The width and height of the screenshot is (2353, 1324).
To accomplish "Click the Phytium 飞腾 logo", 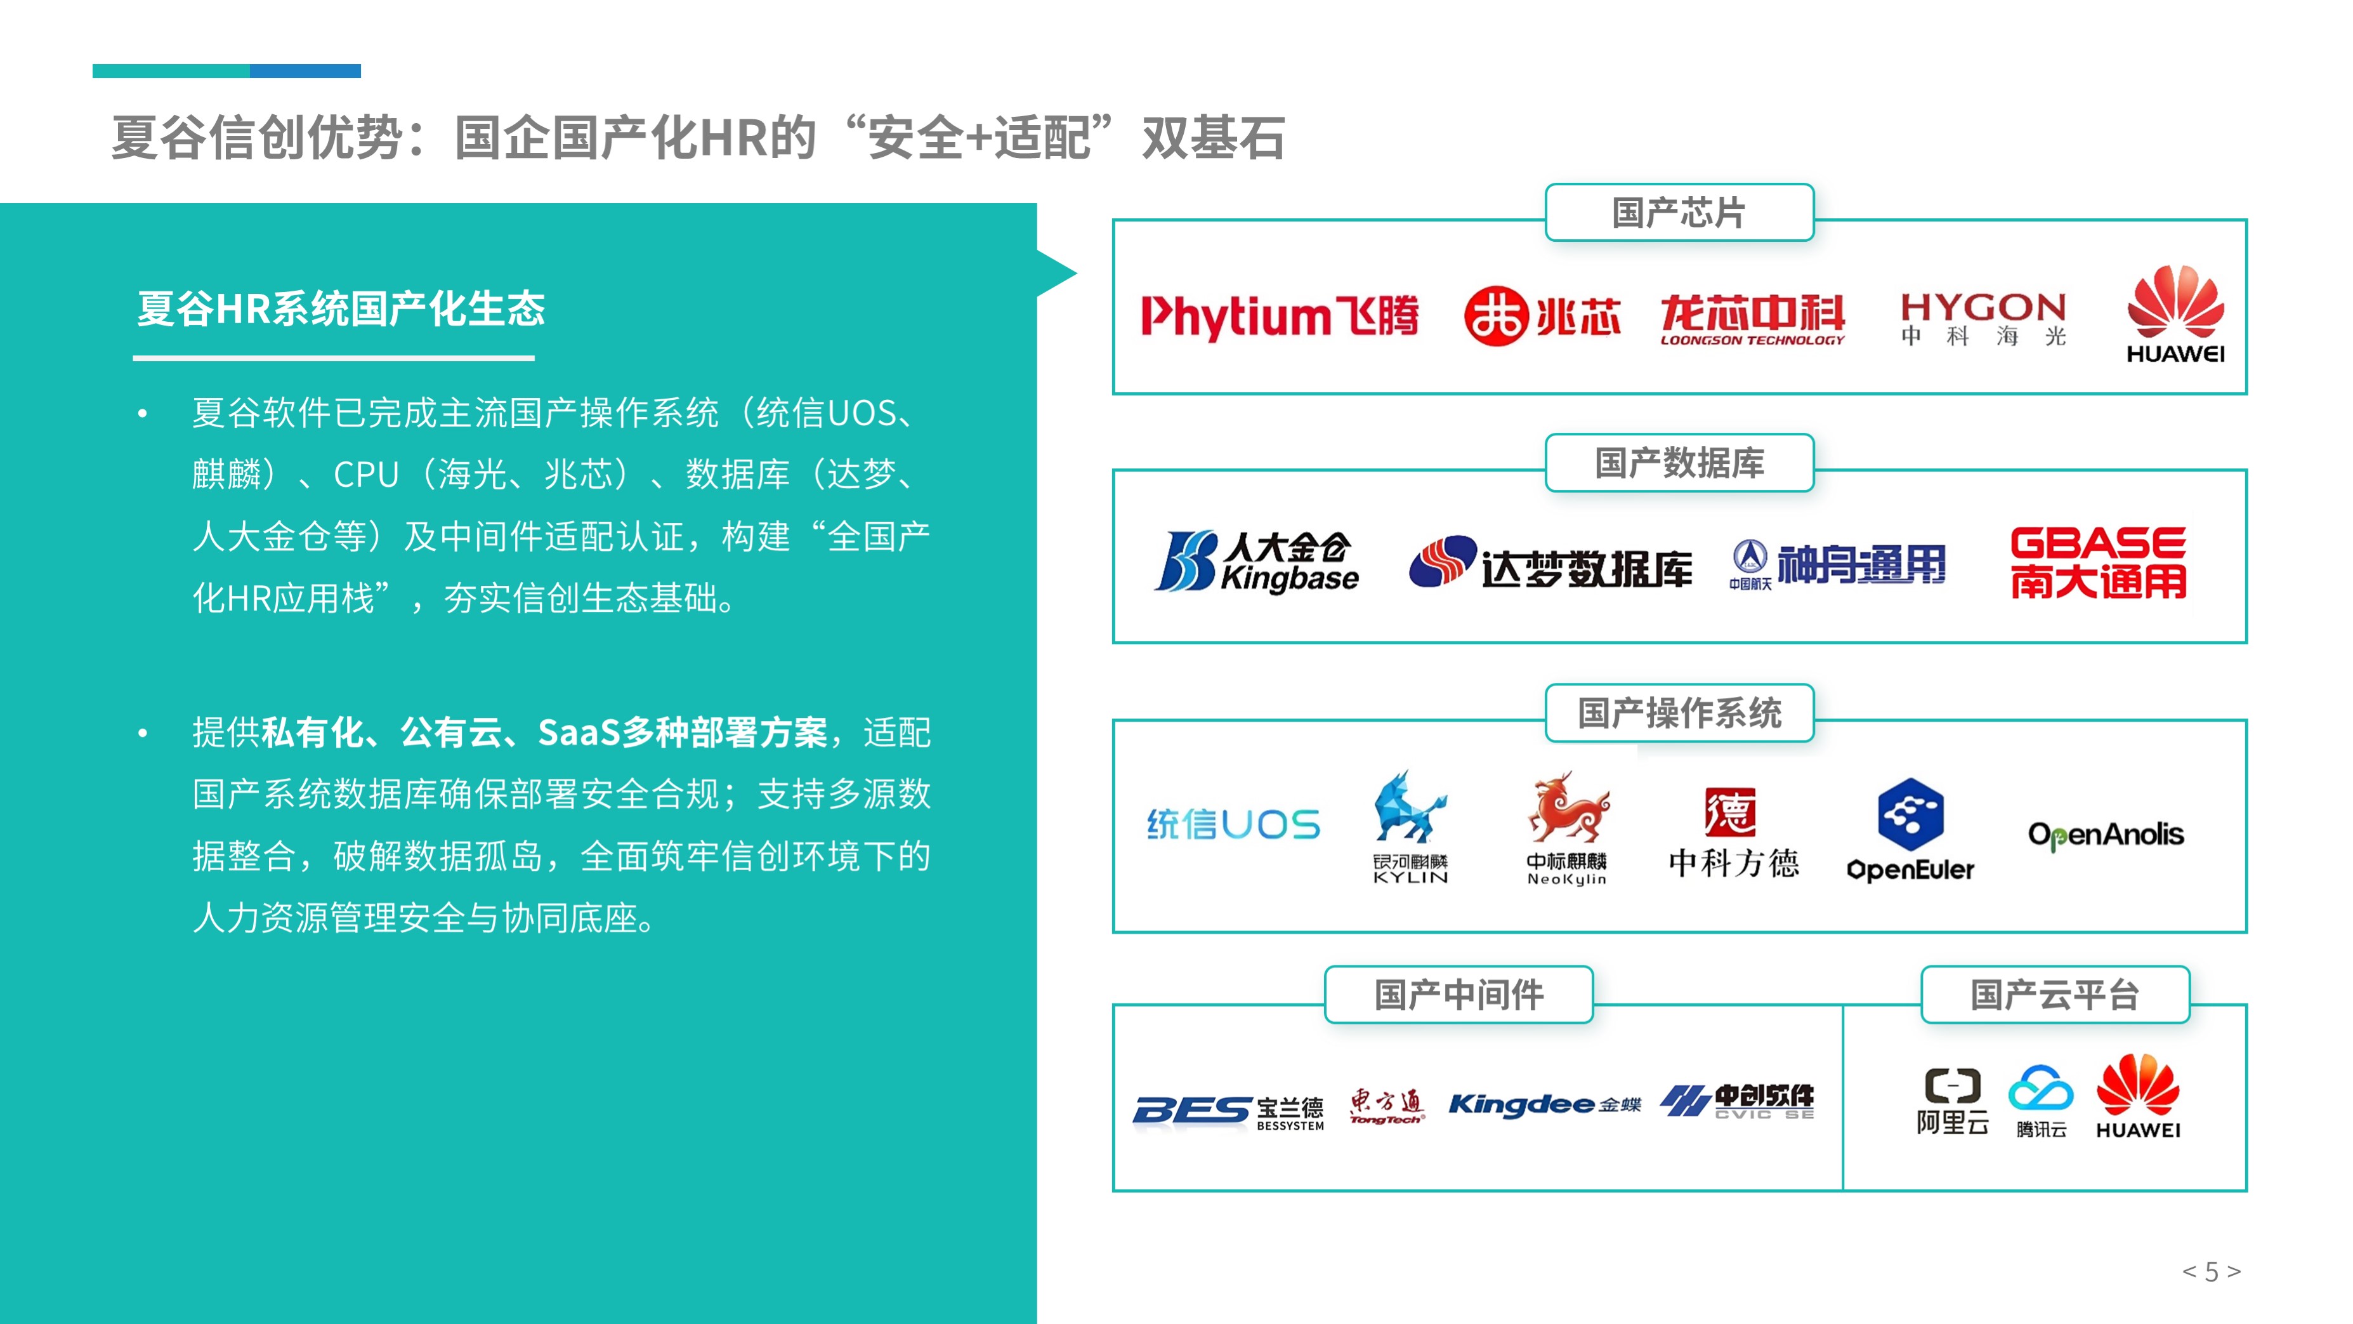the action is [x=1280, y=316].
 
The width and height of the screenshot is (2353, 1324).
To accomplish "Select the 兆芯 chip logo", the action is [x=1542, y=316].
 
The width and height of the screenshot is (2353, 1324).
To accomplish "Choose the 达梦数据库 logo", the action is [x=1550, y=563].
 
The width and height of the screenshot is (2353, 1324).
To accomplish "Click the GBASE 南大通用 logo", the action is [x=2098, y=562].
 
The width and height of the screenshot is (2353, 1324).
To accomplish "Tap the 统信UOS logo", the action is [x=1233, y=824].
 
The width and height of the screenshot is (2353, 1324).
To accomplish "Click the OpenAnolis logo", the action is [x=2106, y=834].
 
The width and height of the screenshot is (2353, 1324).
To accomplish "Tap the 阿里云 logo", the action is [x=1952, y=1101].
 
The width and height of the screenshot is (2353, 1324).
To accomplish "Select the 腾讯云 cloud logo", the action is [x=2041, y=1101].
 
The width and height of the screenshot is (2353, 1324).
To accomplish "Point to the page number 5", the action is [x=2212, y=1271].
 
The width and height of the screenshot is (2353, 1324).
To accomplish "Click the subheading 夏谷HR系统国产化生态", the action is [x=341, y=309].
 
